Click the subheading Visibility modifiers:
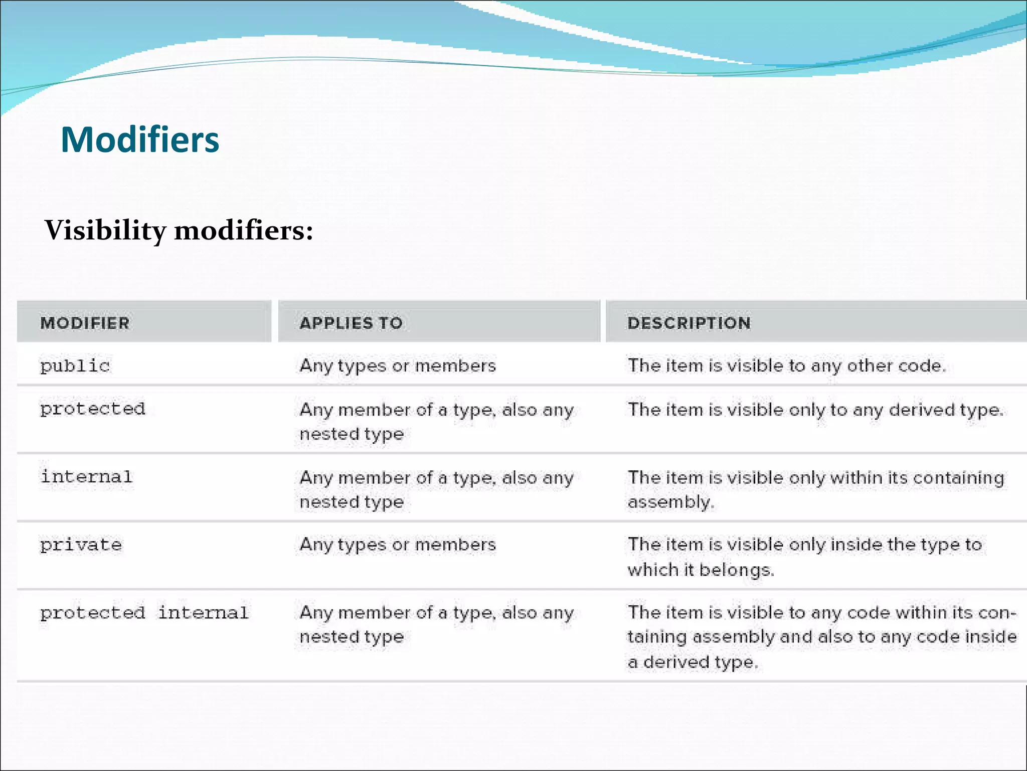[x=179, y=230]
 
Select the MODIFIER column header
[x=85, y=323]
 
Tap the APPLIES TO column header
[x=351, y=323]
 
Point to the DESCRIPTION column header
[x=689, y=323]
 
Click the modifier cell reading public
[x=75, y=365]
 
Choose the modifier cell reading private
[x=81, y=545]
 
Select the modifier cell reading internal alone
[x=87, y=476]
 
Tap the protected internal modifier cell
[x=144, y=612]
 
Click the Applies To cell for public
[x=398, y=365]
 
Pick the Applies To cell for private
[x=398, y=545]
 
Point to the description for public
[x=786, y=365]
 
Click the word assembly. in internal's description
[x=671, y=502]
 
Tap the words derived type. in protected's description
[x=946, y=410]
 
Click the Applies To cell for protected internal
[x=436, y=624]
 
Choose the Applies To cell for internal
[x=436, y=489]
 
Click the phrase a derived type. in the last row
[x=693, y=662]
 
